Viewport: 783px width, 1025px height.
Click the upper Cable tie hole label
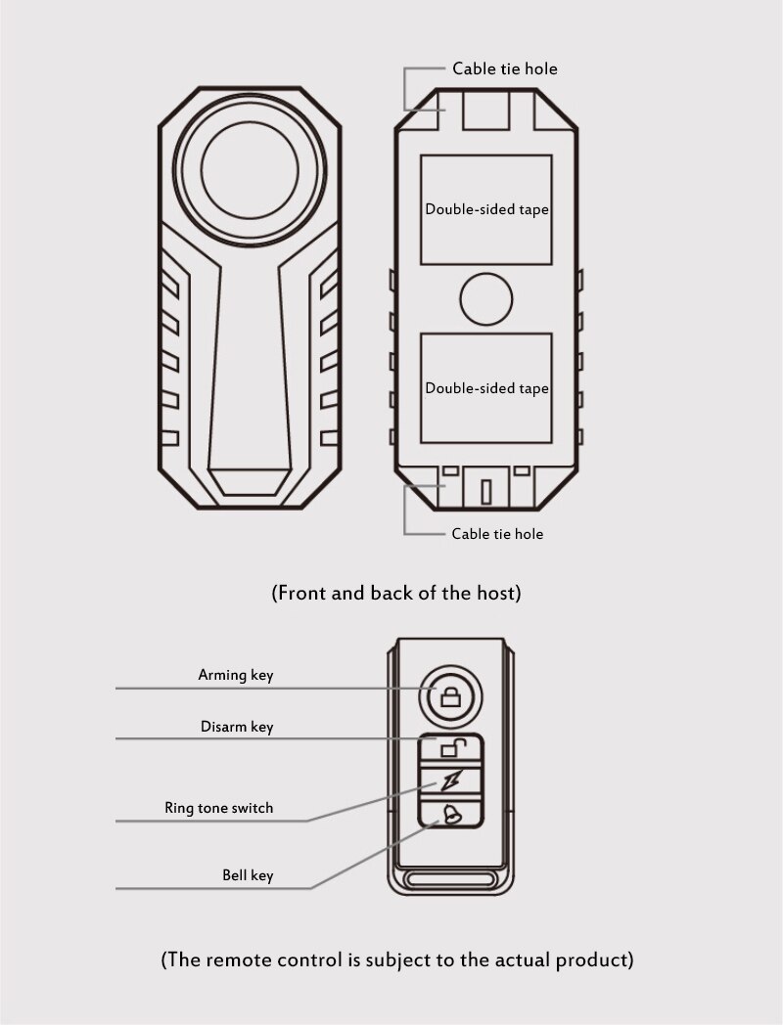(x=504, y=68)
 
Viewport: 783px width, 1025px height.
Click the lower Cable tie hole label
(x=497, y=534)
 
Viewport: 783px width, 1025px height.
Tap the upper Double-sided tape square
(x=486, y=209)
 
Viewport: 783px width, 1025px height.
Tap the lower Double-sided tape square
(x=486, y=388)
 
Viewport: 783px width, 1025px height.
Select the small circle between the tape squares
(x=486, y=299)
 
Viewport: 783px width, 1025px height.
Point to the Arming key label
(x=236, y=675)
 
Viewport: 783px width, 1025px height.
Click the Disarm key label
(x=237, y=727)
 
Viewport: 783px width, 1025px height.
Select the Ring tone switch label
(x=219, y=808)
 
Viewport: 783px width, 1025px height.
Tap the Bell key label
(x=248, y=875)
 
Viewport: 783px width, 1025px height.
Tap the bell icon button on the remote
(x=452, y=813)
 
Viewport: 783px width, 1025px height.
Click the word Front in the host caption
(x=306, y=593)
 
